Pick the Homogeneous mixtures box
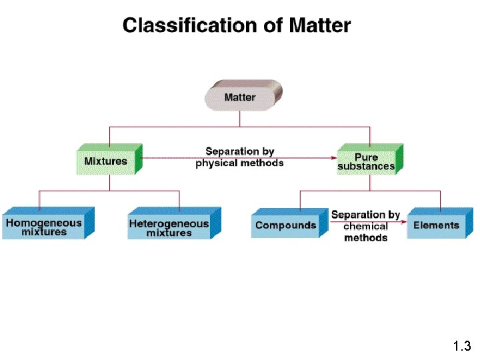(44, 227)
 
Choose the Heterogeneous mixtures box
(169, 228)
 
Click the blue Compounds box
(286, 225)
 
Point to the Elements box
(436, 225)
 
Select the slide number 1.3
(461, 346)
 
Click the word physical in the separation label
(217, 163)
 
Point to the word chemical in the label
(366, 227)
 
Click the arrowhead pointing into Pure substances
(333, 158)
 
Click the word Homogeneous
(44, 223)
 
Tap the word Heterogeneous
(169, 223)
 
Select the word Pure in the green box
(366, 157)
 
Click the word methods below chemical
(366, 238)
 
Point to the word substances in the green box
(366, 167)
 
